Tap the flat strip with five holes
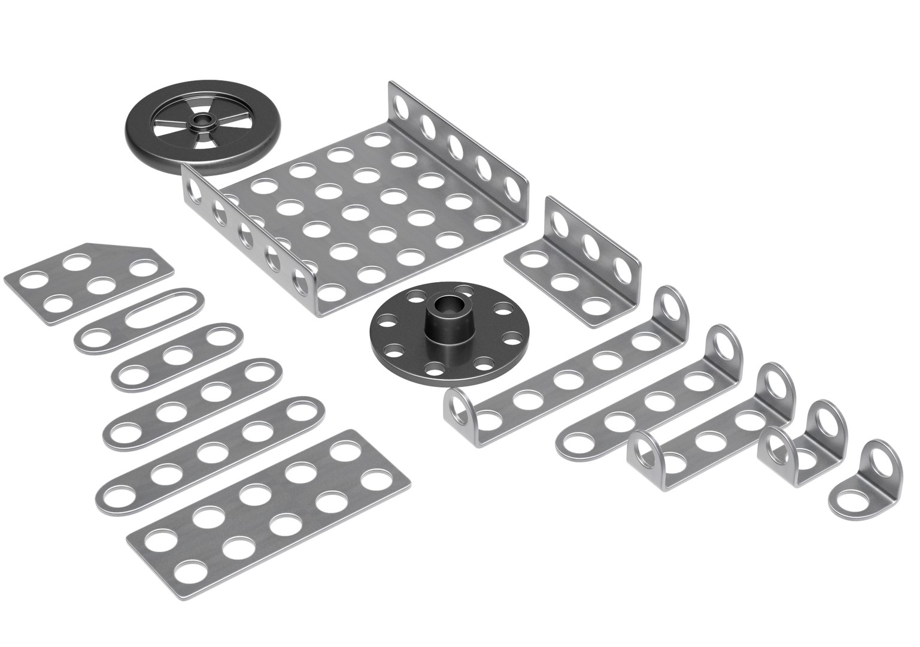(x=209, y=449)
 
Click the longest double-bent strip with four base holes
(x=563, y=377)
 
